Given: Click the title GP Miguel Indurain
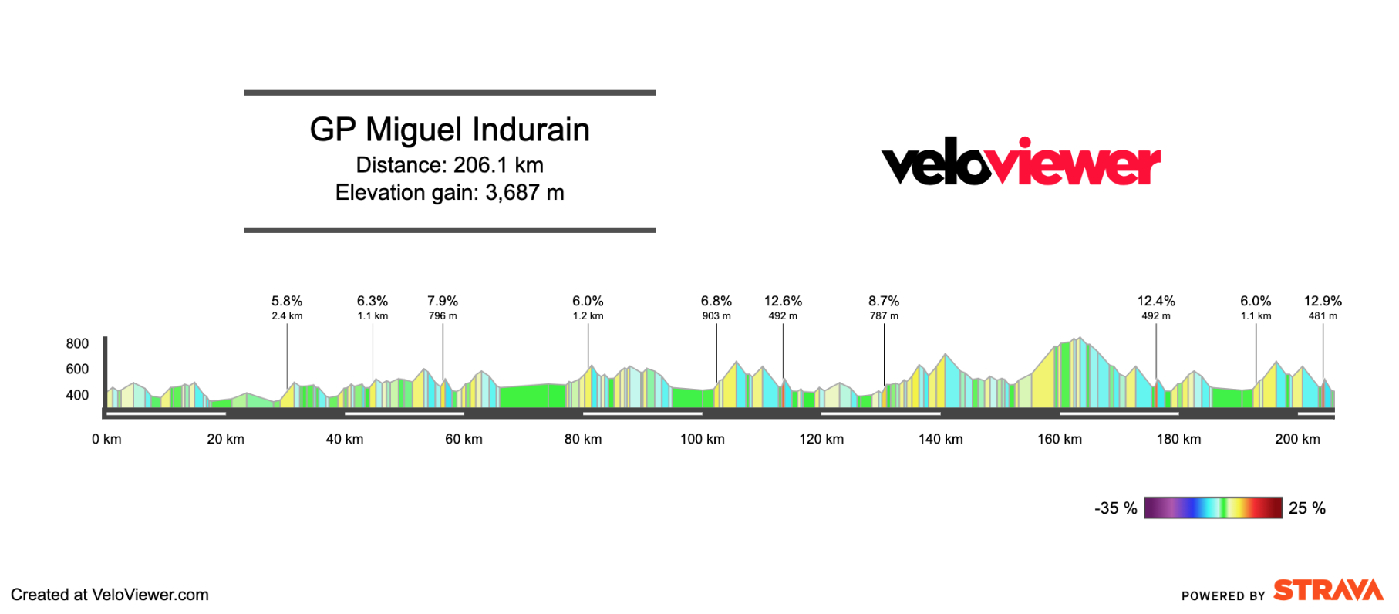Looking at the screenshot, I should pos(450,130).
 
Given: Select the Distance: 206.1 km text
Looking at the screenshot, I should pos(450,165).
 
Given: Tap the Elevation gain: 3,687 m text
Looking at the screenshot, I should pos(450,193).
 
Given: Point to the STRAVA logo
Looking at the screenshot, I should pos(1327,591).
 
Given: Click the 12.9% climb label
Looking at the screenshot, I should pos(1323,302).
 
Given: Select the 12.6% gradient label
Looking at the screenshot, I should pos(783,302).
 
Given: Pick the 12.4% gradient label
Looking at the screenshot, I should pos(1156,302).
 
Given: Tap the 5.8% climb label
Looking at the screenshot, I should pos(287,302).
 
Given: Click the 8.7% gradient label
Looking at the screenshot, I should pos(884,302).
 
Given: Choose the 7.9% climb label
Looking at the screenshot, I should pos(443,302).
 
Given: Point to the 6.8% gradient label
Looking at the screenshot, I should pos(716,302).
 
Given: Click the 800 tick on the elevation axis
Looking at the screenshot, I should pos(77,344).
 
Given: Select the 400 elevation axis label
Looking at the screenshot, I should pos(77,395).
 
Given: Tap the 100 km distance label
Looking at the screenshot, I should pos(702,439).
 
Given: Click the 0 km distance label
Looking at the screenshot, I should pos(106,439).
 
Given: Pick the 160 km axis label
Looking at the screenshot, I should pos(1060,439).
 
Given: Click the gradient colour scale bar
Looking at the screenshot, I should pos(1212,508).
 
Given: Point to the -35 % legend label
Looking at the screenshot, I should pos(1115,508).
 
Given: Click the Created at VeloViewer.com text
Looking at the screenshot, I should pos(110,595).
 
